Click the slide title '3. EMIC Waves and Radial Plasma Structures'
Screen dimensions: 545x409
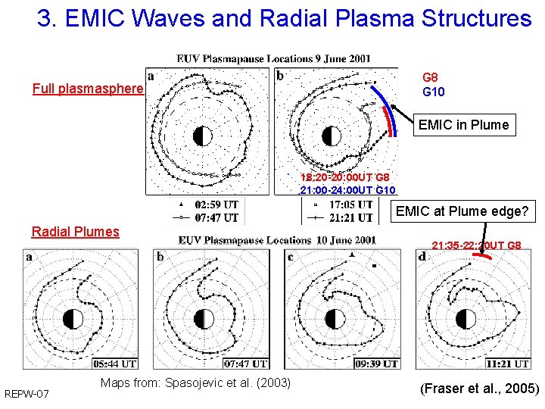[284, 19]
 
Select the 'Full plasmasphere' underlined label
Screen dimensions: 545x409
[88, 89]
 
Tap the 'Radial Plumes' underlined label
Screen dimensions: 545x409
[75, 232]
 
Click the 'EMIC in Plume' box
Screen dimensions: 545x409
[463, 125]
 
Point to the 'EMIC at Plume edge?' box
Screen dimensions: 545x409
[462, 211]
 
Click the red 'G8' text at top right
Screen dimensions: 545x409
[430, 77]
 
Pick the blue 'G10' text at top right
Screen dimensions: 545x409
[433, 92]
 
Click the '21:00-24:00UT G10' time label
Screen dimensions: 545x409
[347, 190]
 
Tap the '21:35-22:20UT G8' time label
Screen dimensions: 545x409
[476, 245]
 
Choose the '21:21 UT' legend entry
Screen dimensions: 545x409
[351, 217]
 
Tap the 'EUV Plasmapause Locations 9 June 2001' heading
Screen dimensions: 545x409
[273, 58]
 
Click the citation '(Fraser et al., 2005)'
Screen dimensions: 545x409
[479, 389]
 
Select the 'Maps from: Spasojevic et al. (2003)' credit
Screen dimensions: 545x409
[195, 383]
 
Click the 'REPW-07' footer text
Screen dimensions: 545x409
[26, 394]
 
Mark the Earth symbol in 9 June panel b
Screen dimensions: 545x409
[331, 136]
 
